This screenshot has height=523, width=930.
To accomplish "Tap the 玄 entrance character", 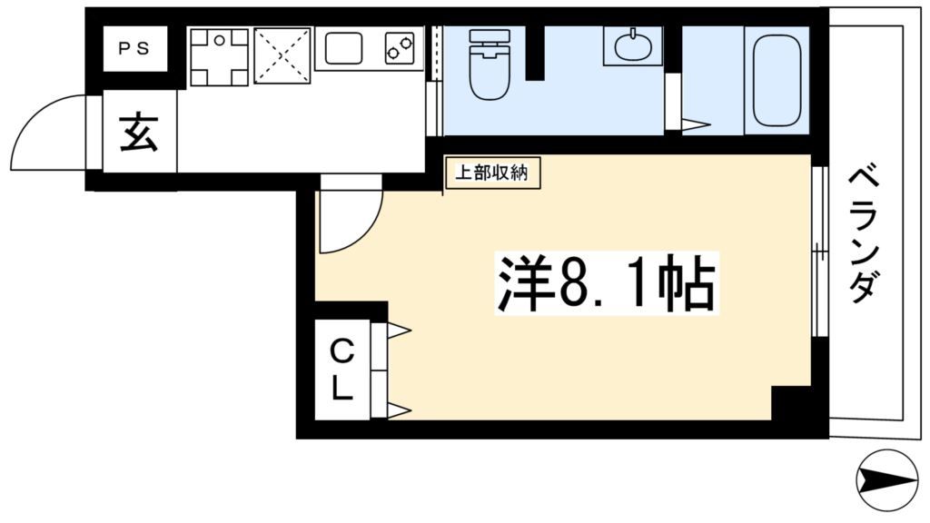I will pyautogui.click(x=140, y=133).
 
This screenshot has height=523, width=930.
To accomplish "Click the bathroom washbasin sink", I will pyautogui.click(x=633, y=45).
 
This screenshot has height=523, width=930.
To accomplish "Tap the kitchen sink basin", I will pyautogui.click(x=344, y=48).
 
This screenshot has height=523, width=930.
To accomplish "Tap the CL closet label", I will pyautogui.click(x=341, y=369).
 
